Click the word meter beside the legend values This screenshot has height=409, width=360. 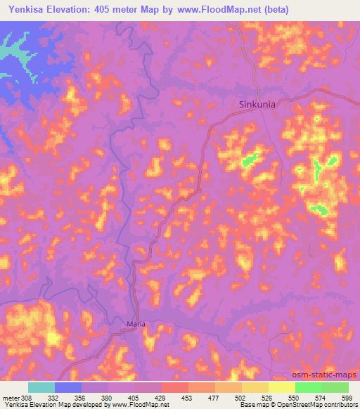coord(12,397)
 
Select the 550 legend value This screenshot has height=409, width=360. coord(295,397)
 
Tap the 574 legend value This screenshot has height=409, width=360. coord(321,397)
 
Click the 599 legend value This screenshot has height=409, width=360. coord(347,397)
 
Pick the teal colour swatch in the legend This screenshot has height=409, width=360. coord(41,387)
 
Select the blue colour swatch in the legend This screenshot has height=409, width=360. coord(68,387)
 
